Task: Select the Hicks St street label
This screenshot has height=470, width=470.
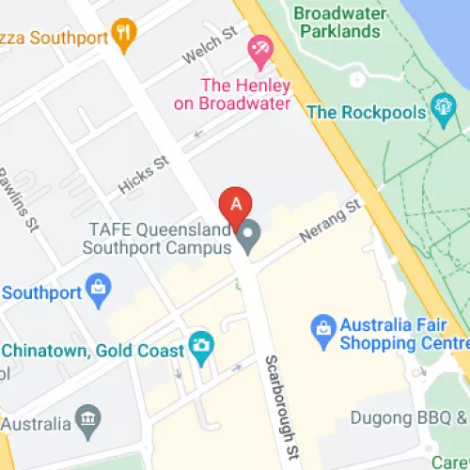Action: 144,176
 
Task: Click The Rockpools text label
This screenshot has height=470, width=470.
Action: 366,113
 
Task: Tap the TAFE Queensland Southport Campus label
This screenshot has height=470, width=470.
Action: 158,239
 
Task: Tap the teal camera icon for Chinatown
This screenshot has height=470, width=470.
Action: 199,346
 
